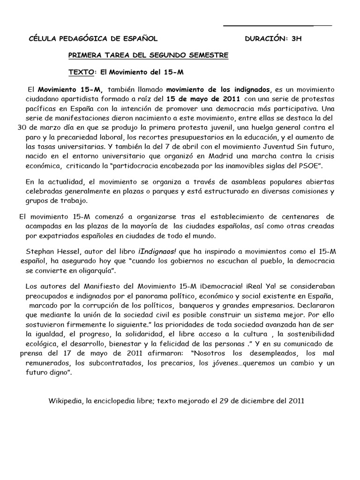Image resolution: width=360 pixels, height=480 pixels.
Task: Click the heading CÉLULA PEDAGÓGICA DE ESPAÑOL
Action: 94,39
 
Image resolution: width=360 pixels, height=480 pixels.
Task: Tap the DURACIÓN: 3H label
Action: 274,39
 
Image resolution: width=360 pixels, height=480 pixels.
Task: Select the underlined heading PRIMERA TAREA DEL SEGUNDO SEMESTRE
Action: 149,56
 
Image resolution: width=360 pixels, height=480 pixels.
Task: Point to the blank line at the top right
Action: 277,25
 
